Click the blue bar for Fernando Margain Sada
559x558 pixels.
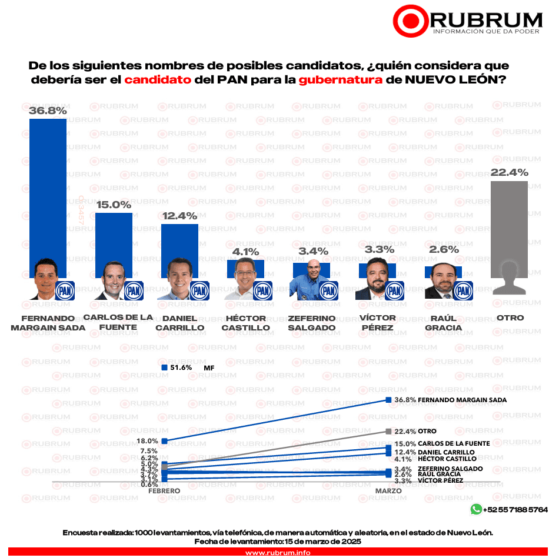tap(48, 188)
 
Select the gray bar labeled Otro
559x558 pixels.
tap(509, 229)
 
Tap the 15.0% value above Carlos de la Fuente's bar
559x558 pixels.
tap(114, 205)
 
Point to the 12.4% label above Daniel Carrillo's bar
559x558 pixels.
tap(179, 216)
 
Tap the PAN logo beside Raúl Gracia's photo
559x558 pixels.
tap(464, 290)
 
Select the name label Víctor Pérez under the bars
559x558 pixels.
tap(377, 323)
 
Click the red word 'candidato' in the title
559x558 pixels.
tap(158, 80)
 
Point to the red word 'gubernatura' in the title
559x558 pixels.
tap(340, 80)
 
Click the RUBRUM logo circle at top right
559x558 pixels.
tap(410, 22)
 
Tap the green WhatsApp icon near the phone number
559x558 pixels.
tap(475, 509)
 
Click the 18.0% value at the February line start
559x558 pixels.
tap(147, 440)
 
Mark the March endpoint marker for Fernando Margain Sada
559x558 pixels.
tap(388, 400)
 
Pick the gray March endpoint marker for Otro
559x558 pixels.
tap(388, 431)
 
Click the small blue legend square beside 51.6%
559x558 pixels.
tap(164, 367)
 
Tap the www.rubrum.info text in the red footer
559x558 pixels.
tap(278, 553)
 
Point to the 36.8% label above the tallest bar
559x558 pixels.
tap(48, 110)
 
